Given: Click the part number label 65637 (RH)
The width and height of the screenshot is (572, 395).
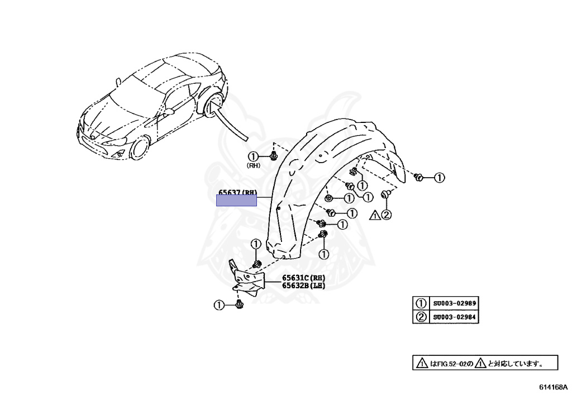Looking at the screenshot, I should coord(237,193).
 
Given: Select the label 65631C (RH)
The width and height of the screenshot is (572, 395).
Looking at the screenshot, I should coord(303,278).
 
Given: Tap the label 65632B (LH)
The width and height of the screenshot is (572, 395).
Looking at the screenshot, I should coord(303,285).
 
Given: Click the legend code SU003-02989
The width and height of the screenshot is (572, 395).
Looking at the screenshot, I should coord(454,303).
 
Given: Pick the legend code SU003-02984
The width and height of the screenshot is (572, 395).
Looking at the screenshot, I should coord(454,317).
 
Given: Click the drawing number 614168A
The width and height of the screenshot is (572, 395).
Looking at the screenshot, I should coord(552,387).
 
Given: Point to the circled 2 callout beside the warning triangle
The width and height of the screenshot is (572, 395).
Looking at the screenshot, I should coord(387,214).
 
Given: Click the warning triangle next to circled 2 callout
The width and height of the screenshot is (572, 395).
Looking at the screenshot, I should coord(375,214).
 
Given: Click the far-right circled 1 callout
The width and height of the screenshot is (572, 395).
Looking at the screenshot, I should coord(439,178).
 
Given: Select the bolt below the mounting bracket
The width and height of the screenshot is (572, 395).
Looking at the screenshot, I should coord(240,304).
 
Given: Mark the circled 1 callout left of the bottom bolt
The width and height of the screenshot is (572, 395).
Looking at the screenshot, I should coord(219,304).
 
